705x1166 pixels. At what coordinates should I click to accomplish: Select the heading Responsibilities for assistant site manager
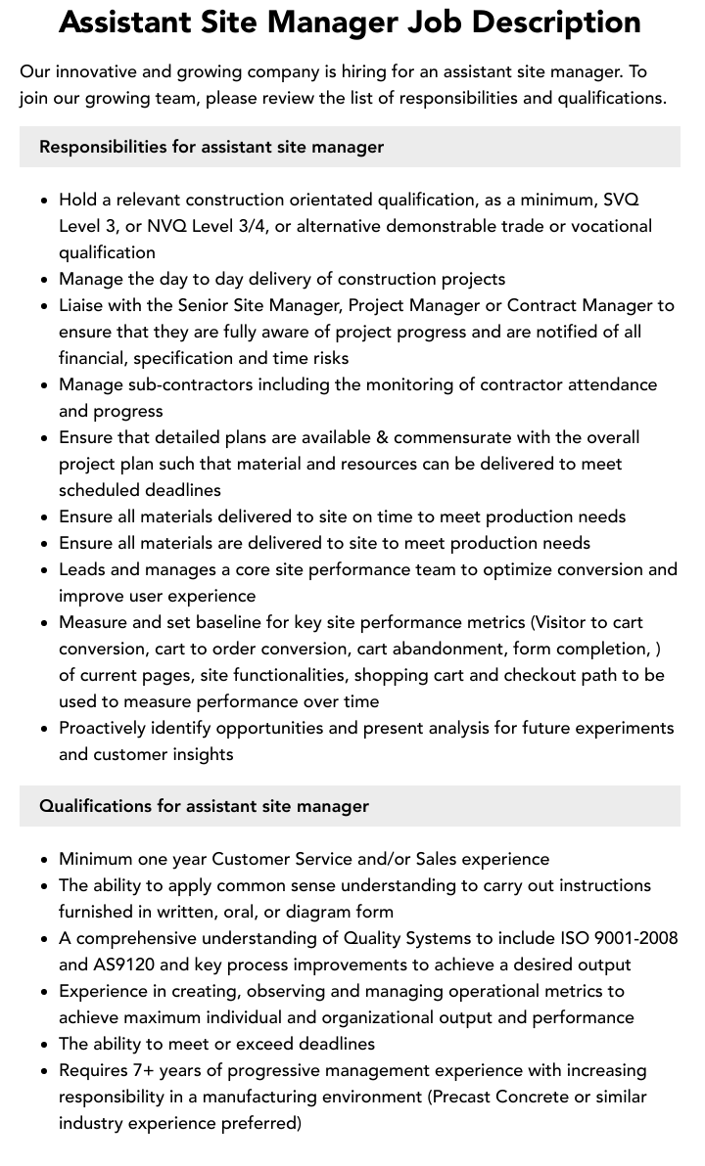tap(211, 147)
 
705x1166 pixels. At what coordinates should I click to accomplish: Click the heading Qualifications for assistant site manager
tap(204, 806)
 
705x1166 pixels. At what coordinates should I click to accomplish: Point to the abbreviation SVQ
tap(621, 200)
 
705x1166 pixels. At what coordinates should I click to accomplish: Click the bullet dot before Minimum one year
tap(45, 860)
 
